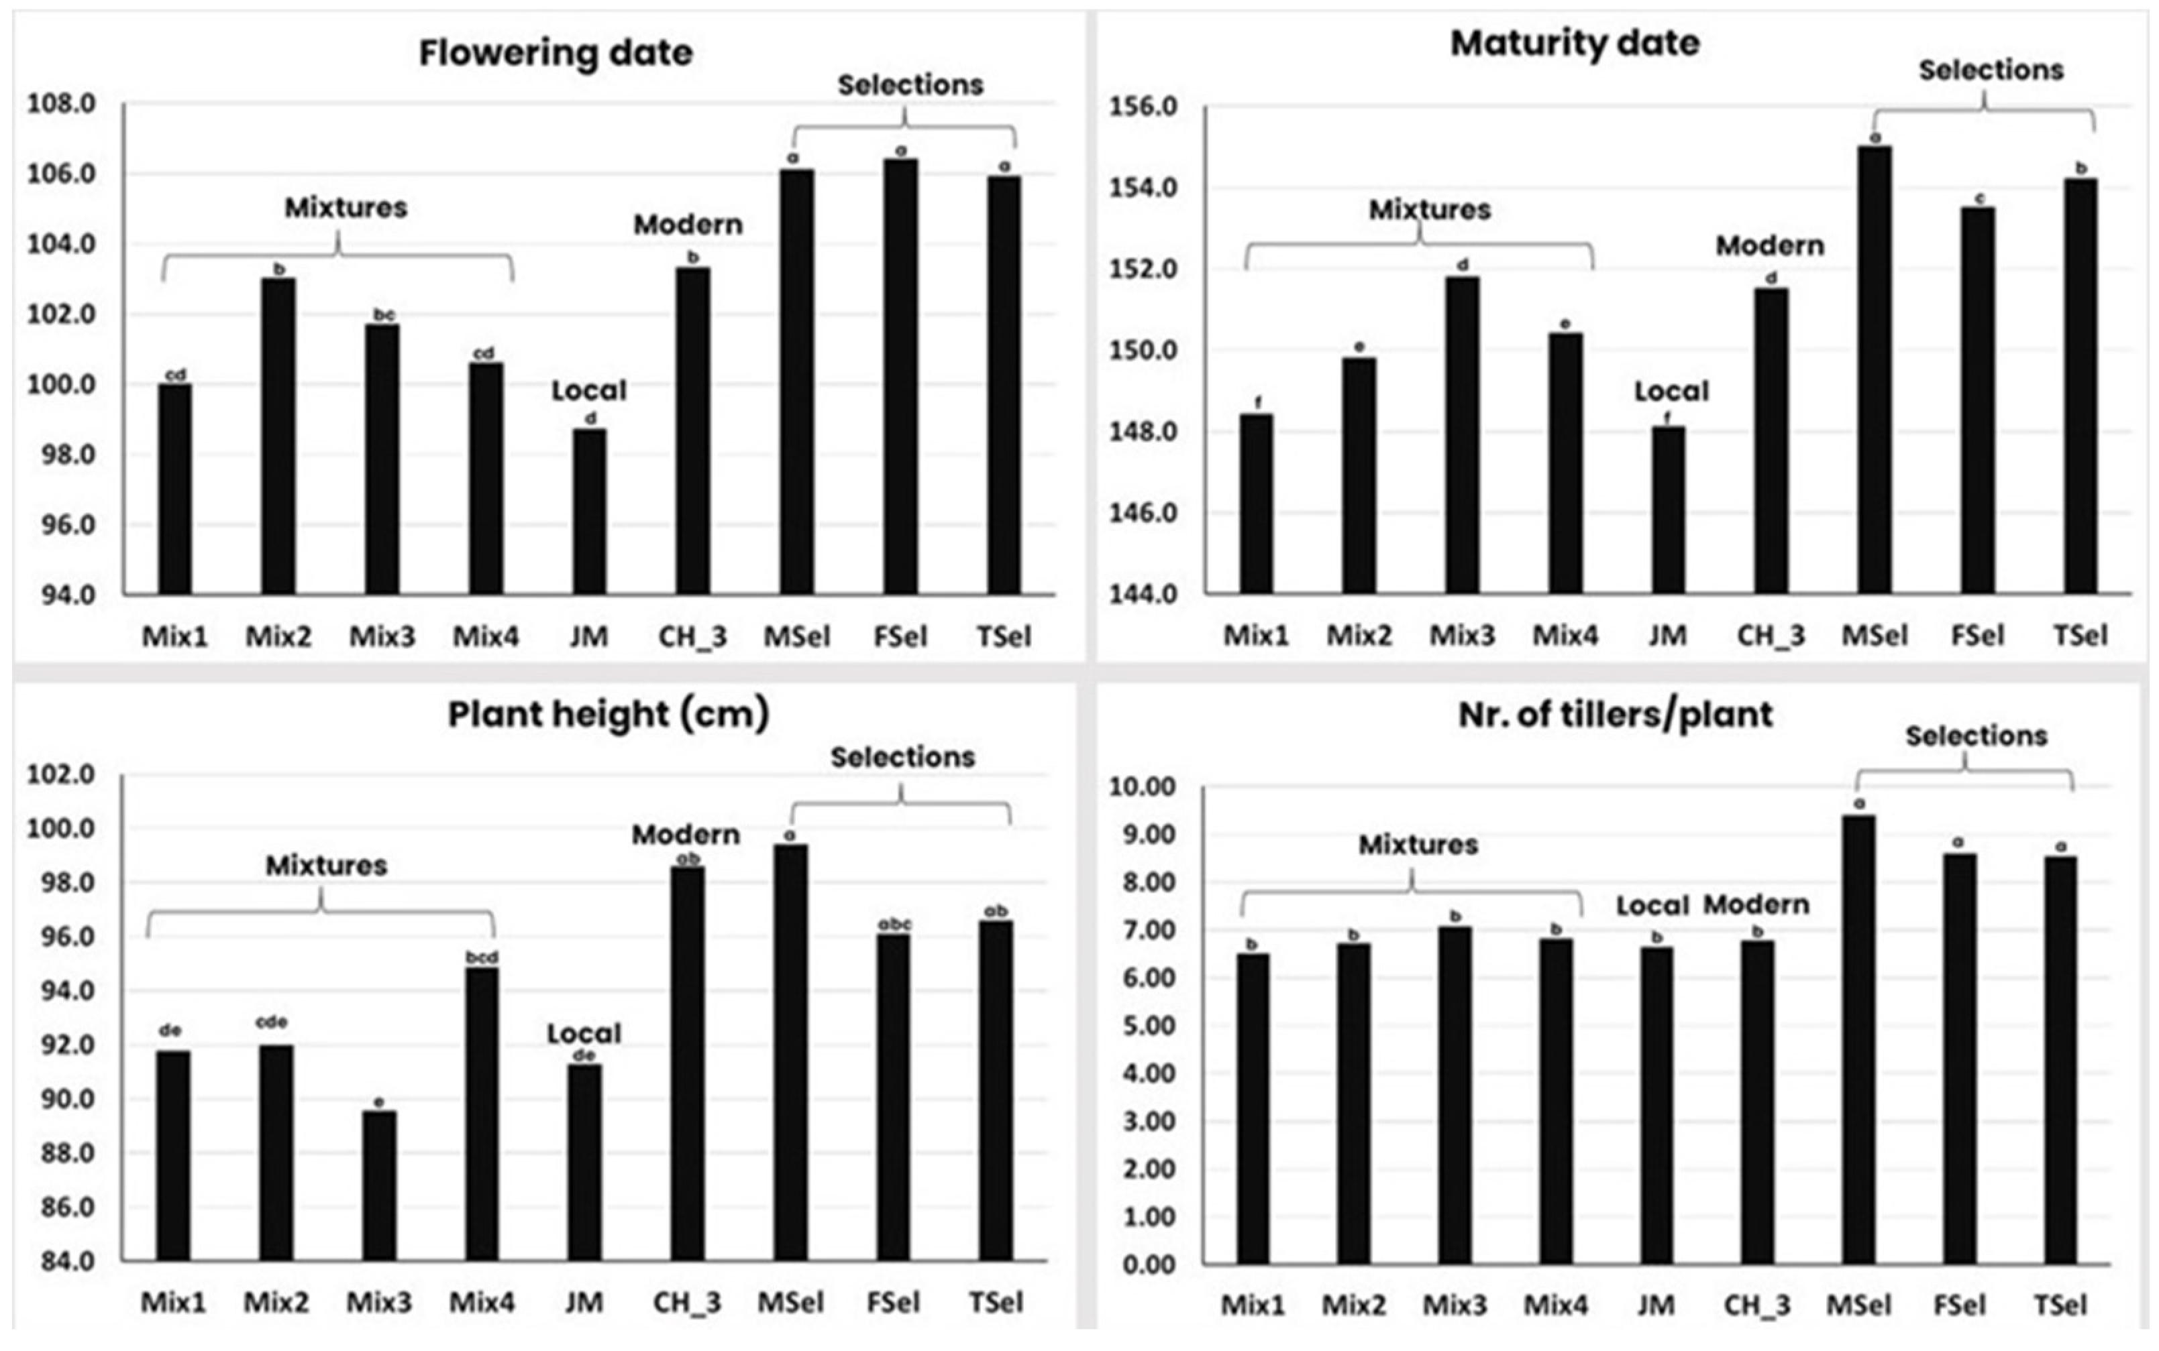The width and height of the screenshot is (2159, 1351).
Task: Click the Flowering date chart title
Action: click(x=555, y=53)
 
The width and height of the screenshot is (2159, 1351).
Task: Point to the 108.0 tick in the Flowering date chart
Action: click(x=61, y=104)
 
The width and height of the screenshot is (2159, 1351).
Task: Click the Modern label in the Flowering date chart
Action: click(x=688, y=225)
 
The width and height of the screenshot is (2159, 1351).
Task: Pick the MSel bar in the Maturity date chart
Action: click(x=1875, y=370)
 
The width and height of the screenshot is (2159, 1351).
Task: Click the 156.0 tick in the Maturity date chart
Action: click(x=1143, y=107)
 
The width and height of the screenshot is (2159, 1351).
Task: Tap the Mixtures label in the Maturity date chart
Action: click(x=1430, y=210)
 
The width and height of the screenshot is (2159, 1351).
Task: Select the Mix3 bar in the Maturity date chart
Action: click(x=1463, y=435)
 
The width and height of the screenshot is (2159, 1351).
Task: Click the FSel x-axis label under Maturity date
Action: click(x=1978, y=636)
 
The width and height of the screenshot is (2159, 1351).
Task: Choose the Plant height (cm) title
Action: click(x=608, y=714)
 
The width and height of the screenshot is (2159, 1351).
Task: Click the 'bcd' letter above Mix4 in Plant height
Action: click(x=482, y=957)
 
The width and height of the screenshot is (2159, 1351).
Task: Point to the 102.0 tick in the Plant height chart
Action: click(x=61, y=774)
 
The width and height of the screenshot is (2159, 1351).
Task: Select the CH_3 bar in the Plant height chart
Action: click(x=688, y=1063)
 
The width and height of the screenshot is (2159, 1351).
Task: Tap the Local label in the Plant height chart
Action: click(x=584, y=1034)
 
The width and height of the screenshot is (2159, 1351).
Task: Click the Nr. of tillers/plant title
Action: click(x=1615, y=715)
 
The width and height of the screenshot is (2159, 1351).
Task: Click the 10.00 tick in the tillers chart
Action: click(x=1142, y=786)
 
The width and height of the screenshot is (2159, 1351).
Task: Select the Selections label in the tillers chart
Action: click(x=1976, y=736)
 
